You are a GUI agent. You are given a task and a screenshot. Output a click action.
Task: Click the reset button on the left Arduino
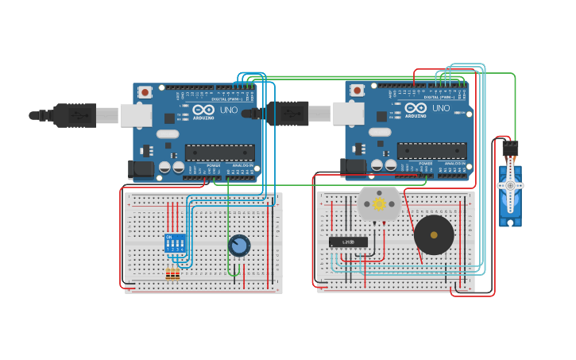[x=145, y=92]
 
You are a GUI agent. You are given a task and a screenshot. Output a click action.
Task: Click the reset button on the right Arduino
[x=358, y=90]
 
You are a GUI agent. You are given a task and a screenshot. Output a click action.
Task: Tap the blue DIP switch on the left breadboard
[x=176, y=242]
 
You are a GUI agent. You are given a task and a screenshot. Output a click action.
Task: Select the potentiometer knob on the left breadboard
[x=238, y=246]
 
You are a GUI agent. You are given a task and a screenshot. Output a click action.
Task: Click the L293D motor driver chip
[x=348, y=242]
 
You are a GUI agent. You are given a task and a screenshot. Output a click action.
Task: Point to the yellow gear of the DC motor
[x=379, y=204]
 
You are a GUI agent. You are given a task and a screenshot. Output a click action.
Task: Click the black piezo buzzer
[x=434, y=234]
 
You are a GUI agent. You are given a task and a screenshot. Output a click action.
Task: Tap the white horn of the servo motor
[x=509, y=185]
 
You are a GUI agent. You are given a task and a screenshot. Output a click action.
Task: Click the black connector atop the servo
[x=510, y=148]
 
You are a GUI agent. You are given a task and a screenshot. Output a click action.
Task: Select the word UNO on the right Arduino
[x=439, y=108]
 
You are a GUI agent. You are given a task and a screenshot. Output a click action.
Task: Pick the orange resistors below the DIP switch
[x=172, y=275]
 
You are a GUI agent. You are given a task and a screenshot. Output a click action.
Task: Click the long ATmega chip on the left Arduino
[x=220, y=153]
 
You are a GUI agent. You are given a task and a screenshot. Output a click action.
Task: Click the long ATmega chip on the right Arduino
[x=432, y=150]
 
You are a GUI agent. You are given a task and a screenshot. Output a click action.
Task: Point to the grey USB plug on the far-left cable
[x=106, y=116]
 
